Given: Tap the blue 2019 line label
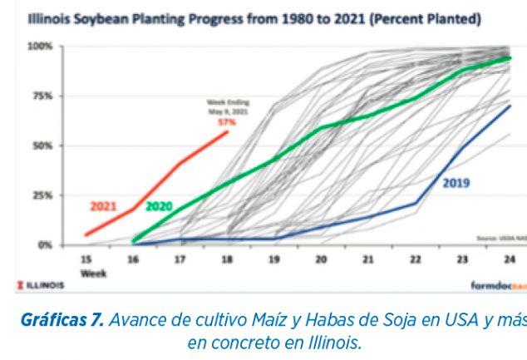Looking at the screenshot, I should click(x=456, y=183).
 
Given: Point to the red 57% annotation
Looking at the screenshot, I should click(x=227, y=121).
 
